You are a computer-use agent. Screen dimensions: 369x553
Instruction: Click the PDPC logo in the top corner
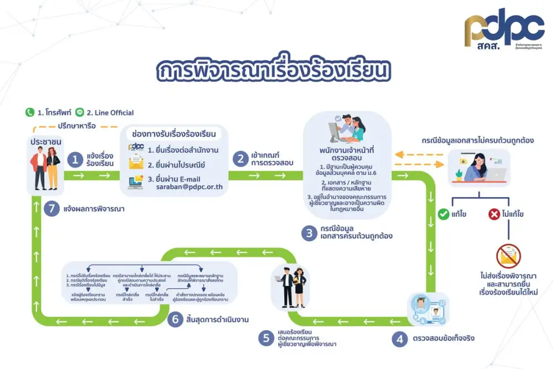[504, 30]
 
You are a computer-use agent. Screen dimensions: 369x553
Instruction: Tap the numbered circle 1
[75, 160]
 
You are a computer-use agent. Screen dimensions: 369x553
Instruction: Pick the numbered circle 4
[399, 339]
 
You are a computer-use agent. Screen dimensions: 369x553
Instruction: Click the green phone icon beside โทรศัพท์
[30, 112]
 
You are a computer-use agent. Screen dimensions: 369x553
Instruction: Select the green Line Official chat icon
[79, 112]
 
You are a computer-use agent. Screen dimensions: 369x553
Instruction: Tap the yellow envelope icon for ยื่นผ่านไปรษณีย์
[135, 164]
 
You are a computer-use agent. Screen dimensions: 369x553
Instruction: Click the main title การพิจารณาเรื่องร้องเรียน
[274, 72]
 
